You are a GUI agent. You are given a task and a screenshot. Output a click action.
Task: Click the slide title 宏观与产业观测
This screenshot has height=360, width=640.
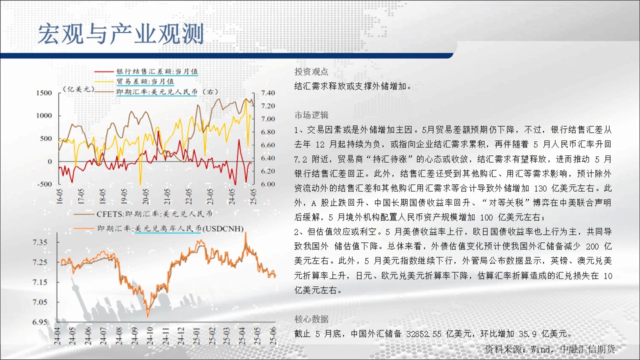[x=121, y=34]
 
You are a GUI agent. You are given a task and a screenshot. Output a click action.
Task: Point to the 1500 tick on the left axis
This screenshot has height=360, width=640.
[x=44, y=93]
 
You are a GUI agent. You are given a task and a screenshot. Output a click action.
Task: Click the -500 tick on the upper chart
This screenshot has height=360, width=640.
[x=44, y=184]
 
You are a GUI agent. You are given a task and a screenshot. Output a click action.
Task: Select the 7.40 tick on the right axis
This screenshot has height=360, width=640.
[x=268, y=93]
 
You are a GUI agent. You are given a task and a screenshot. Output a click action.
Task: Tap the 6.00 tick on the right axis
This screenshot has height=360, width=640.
[x=268, y=184]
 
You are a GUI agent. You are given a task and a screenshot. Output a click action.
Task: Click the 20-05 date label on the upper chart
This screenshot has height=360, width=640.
[x=145, y=196]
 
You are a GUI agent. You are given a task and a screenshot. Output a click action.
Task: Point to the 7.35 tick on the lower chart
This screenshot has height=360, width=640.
[x=39, y=242]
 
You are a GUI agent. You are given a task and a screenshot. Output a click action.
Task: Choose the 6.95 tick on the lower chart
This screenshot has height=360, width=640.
[x=39, y=322]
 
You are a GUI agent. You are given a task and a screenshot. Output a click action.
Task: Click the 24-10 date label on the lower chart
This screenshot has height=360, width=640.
[x=149, y=336]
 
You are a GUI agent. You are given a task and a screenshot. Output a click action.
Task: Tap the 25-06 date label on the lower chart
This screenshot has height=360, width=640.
[x=273, y=336]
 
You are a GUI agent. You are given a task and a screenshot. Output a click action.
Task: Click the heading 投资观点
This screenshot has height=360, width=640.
[x=311, y=71]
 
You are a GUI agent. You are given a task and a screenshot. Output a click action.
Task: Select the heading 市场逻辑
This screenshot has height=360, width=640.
[x=311, y=115]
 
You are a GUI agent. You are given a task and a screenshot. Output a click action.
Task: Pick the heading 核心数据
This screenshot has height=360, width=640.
[x=311, y=319]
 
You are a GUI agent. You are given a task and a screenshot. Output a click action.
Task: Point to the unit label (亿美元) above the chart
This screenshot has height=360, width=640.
[x=78, y=89]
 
